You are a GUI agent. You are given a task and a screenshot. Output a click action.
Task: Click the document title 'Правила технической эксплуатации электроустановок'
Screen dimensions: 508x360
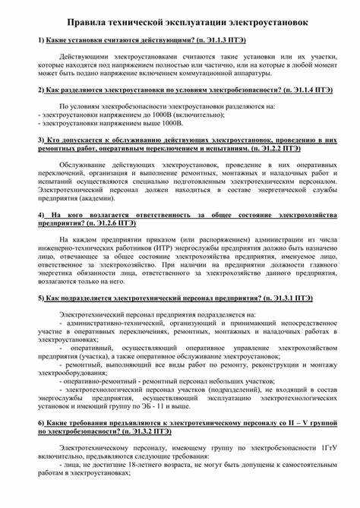181,24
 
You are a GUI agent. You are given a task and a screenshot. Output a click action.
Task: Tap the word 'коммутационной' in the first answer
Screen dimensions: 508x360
231,74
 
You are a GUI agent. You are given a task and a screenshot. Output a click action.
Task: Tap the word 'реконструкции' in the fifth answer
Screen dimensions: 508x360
263,364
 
